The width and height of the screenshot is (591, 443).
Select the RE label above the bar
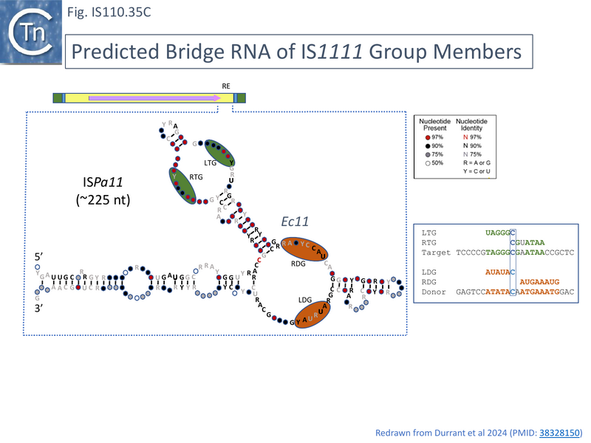(x=226, y=86)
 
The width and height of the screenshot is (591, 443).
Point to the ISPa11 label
(x=103, y=181)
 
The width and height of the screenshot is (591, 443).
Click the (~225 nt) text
(x=103, y=199)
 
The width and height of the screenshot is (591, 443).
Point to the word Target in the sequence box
(x=436, y=253)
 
